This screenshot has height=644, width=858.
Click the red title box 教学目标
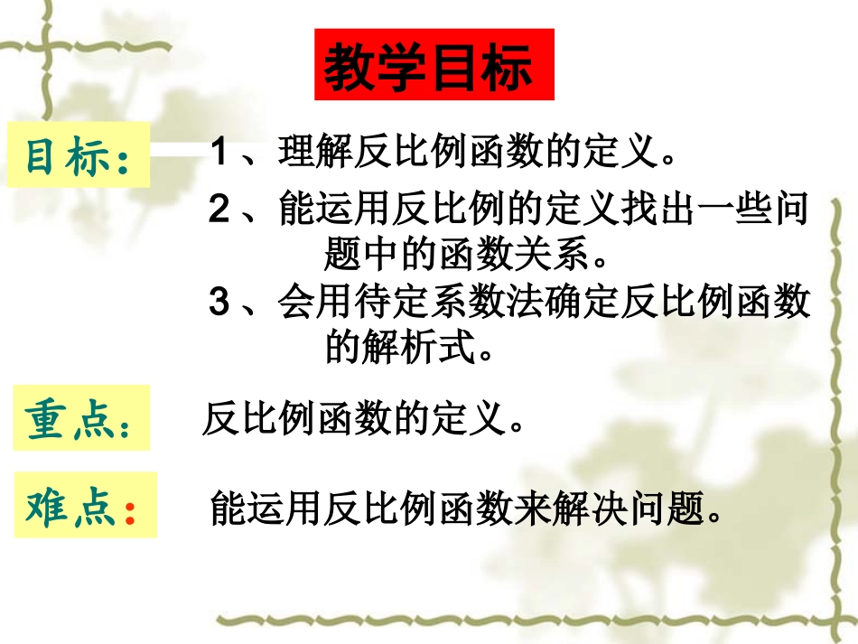click(x=434, y=66)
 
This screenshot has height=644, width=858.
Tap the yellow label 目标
click(x=78, y=155)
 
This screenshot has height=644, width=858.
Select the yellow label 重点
click(x=80, y=419)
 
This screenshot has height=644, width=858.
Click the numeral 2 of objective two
click(x=218, y=210)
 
